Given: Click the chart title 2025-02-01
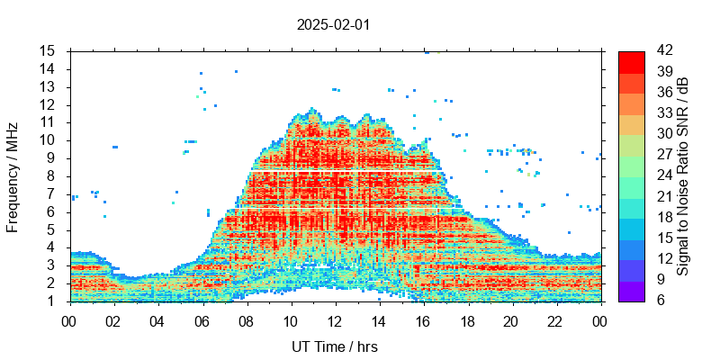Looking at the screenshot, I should tap(333, 24).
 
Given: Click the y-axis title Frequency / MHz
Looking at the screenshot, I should tap(13, 175).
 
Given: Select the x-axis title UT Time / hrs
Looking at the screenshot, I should tap(335, 346).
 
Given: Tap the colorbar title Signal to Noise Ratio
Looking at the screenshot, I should tap(683, 175).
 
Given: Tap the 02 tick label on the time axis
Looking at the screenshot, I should tap(113, 321).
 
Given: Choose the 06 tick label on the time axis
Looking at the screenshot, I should tap(202, 321).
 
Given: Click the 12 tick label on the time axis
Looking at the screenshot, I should tap(335, 321).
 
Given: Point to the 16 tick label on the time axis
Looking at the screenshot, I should tap(423, 321).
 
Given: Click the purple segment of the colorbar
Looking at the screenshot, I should tap(632, 291).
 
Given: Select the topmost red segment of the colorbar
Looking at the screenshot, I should tap(632, 61).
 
